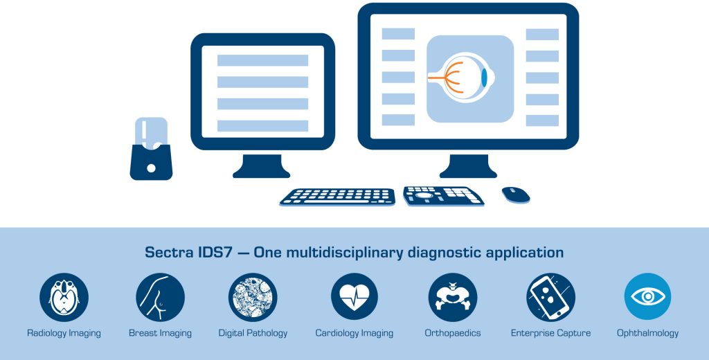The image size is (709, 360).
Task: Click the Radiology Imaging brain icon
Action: click(64, 297)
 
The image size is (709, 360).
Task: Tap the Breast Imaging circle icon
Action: click(160, 297)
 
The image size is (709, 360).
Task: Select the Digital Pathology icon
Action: click(253, 297)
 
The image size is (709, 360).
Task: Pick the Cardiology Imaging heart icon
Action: click(354, 297)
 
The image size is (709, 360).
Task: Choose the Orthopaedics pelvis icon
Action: click(453, 297)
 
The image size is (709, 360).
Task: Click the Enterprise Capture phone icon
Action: click(550, 297)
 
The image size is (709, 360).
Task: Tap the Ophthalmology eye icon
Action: click(647, 297)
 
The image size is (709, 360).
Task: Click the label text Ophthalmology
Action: click(647, 333)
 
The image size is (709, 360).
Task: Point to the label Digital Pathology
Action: click(253, 333)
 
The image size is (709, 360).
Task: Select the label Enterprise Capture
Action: click(550, 333)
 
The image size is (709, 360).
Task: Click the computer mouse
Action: click(516, 195)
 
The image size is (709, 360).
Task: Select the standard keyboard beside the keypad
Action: click(337, 197)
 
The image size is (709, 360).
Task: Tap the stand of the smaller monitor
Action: click(261, 167)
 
